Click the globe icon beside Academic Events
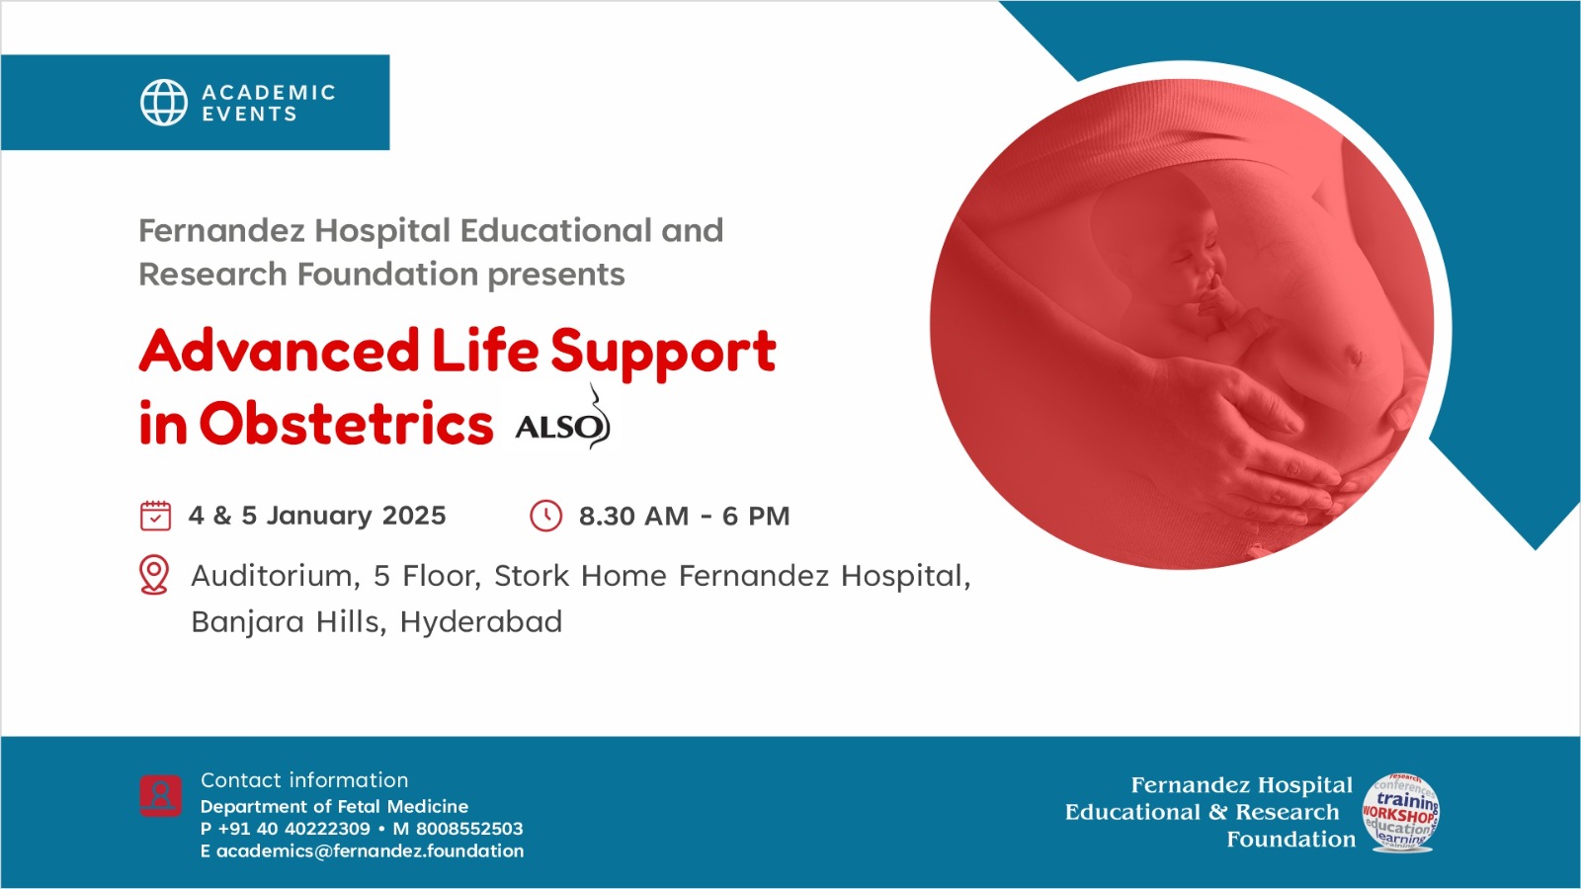point(164,103)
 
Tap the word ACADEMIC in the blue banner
point(269,93)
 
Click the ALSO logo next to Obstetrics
point(563,419)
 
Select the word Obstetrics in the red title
point(346,424)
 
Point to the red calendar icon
point(155,515)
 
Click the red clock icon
point(545,516)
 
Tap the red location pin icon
point(154,574)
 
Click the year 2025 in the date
point(414,516)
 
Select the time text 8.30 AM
point(633,517)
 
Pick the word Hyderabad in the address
point(480,622)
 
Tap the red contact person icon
point(160,796)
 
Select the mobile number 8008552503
point(469,829)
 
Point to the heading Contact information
point(304,780)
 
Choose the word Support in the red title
point(663,353)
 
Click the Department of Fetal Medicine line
point(334,806)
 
